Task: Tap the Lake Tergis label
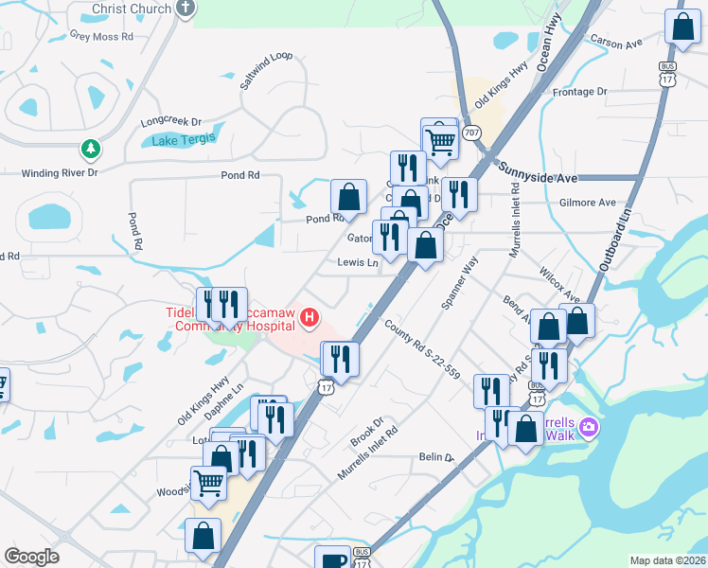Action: pos(184,138)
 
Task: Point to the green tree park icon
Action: pos(90,149)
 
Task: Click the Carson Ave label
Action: pos(616,43)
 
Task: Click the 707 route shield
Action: pos(472,132)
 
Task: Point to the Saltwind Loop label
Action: pos(267,70)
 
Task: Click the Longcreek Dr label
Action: pos(171,122)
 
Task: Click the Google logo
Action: pos(31,557)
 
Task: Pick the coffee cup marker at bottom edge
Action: pos(331,559)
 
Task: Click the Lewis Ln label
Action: pos(358,262)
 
